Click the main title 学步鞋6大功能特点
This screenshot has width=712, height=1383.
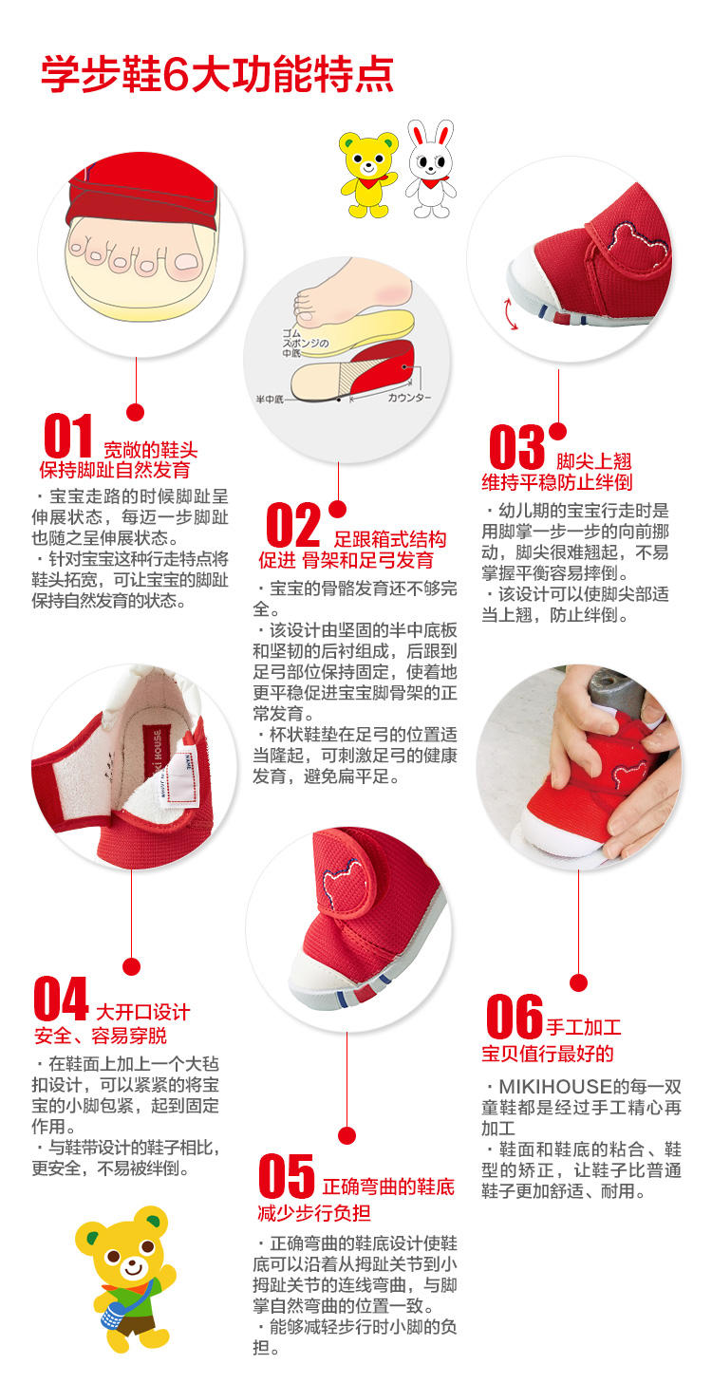pyautogui.click(x=216, y=74)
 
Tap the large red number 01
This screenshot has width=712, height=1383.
pyautogui.click(x=69, y=437)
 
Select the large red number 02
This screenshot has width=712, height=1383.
pyautogui.click(x=293, y=525)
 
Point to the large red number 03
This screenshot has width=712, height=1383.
pyautogui.click(x=516, y=447)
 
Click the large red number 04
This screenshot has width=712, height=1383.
pyautogui.click(x=61, y=999)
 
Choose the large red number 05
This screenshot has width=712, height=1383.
pyautogui.click(x=286, y=1177)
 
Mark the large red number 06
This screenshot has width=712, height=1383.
pyautogui.click(x=514, y=1017)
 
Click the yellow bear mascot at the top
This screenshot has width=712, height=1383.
pyautogui.click(x=368, y=172)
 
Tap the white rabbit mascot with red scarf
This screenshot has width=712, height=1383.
pyautogui.click(x=430, y=168)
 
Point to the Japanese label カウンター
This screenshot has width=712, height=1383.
pyautogui.click(x=409, y=398)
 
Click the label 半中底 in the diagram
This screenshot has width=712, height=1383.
pyautogui.click(x=271, y=399)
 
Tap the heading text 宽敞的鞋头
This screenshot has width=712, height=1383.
pyautogui.click(x=151, y=449)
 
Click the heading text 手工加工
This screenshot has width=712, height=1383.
pyautogui.click(x=583, y=1027)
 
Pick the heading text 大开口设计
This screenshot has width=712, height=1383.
pyautogui.click(x=143, y=1011)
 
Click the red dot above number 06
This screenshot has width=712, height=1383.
pyautogui.click(x=578, y=982)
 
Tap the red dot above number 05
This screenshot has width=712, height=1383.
pyautogui.click(x=347, y=1135)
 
